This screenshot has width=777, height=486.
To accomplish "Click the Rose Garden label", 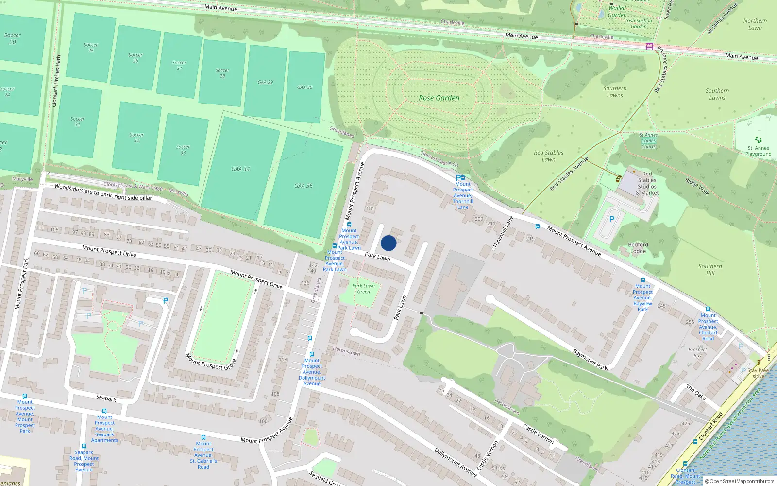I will click(x=439, y=98).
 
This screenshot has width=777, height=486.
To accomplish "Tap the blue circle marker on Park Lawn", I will click(x=388, y=243).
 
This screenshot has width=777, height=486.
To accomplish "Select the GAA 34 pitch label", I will click(x=240, y=169).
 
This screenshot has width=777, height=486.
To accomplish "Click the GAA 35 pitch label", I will click(x=304, y=186).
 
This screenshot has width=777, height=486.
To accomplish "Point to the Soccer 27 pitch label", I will click(x=179, y=65).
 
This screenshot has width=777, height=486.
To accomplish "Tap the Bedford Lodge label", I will click(x=638, y=248).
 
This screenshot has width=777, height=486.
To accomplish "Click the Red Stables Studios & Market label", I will click(x=647, y=183).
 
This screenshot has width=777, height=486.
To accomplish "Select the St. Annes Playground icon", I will click(x=759, y=140).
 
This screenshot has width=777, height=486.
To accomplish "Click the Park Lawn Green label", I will click(x=364, y=289).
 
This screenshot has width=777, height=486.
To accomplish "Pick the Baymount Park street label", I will click(x=590, y=359).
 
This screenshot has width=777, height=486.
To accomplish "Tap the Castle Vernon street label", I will click(x=538, y=434).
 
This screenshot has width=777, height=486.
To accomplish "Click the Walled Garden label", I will click(x=617, y=11).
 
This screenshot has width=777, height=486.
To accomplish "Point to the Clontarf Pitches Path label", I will click(x=56, y=81).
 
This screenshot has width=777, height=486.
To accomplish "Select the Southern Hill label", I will click(x=710, y=269).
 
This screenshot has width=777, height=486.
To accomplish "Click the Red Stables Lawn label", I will click(x=548, y=156).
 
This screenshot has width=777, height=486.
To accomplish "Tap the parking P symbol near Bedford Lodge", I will click(x=612, y=220).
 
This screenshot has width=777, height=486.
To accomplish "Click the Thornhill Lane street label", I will click(x=503, y=232).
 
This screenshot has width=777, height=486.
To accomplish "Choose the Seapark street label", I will click(x=106, y=398).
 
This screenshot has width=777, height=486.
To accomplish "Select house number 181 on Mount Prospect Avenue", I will click(x=370, y=208).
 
